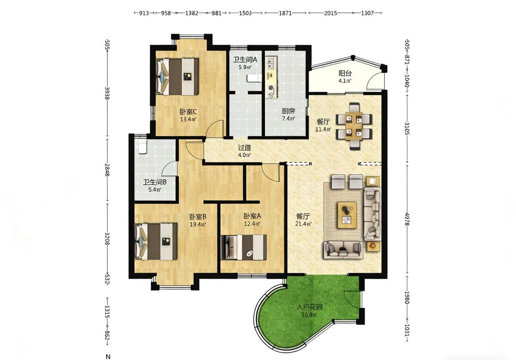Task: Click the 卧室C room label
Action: pos(188,112)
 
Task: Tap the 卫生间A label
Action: pos(245,60)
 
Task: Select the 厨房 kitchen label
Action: pos(289,111)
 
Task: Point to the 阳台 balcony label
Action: pos(345,73)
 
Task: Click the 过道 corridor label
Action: pos(244,148)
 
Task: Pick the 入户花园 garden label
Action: pos(309,307)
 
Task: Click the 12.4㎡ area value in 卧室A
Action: pos(252,224)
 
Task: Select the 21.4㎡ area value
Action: pos(304,224)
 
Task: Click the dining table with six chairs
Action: pos(354,126)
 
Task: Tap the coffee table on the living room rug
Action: pos(347,215)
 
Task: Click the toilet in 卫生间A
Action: pos(254,78)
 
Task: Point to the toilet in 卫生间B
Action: pos(142,146)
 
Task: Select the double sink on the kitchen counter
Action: pos(271,63)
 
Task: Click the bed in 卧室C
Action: pos(178,77)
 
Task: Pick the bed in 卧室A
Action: pos(244,248)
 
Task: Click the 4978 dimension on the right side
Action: pos(407,219)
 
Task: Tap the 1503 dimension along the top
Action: pos(245,13)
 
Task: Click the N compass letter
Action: pos(108,357)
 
